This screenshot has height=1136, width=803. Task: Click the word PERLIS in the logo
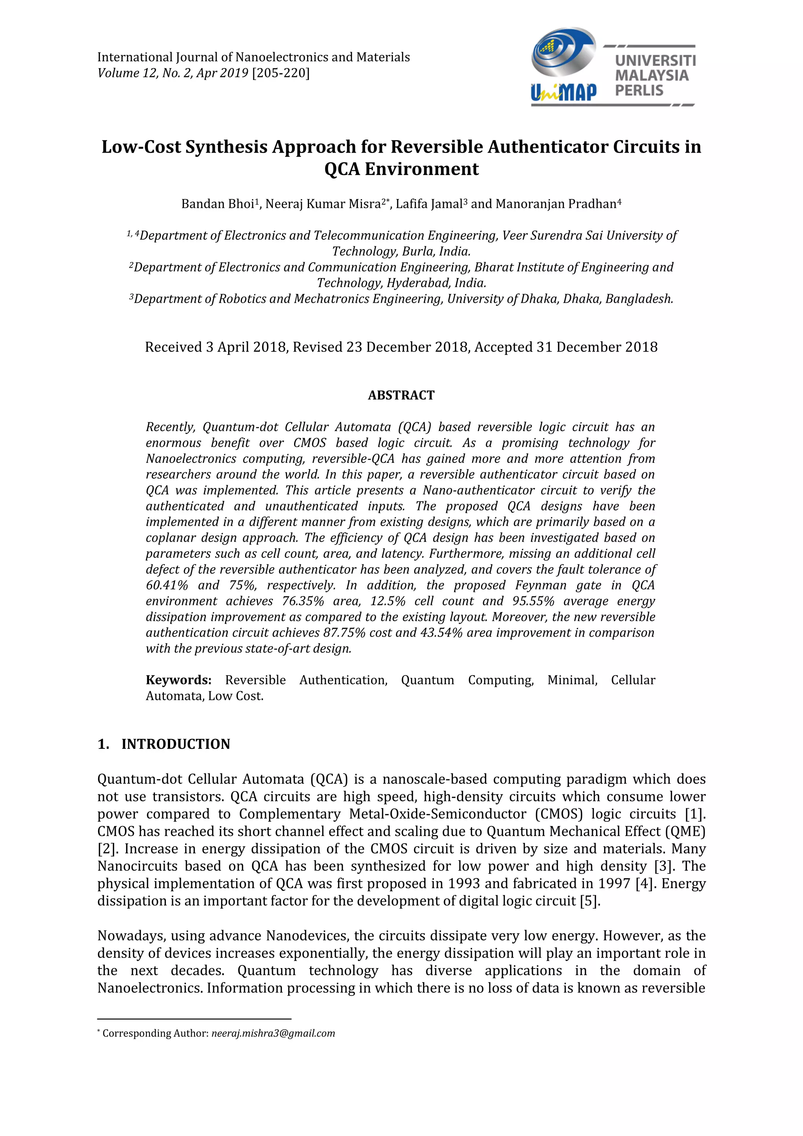639,91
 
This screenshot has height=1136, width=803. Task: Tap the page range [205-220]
281,73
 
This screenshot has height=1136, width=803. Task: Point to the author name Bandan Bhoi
218,204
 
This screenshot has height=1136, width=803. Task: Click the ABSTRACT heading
401,395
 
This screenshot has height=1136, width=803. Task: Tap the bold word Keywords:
178,680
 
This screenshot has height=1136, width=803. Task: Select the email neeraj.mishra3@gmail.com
273,1034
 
